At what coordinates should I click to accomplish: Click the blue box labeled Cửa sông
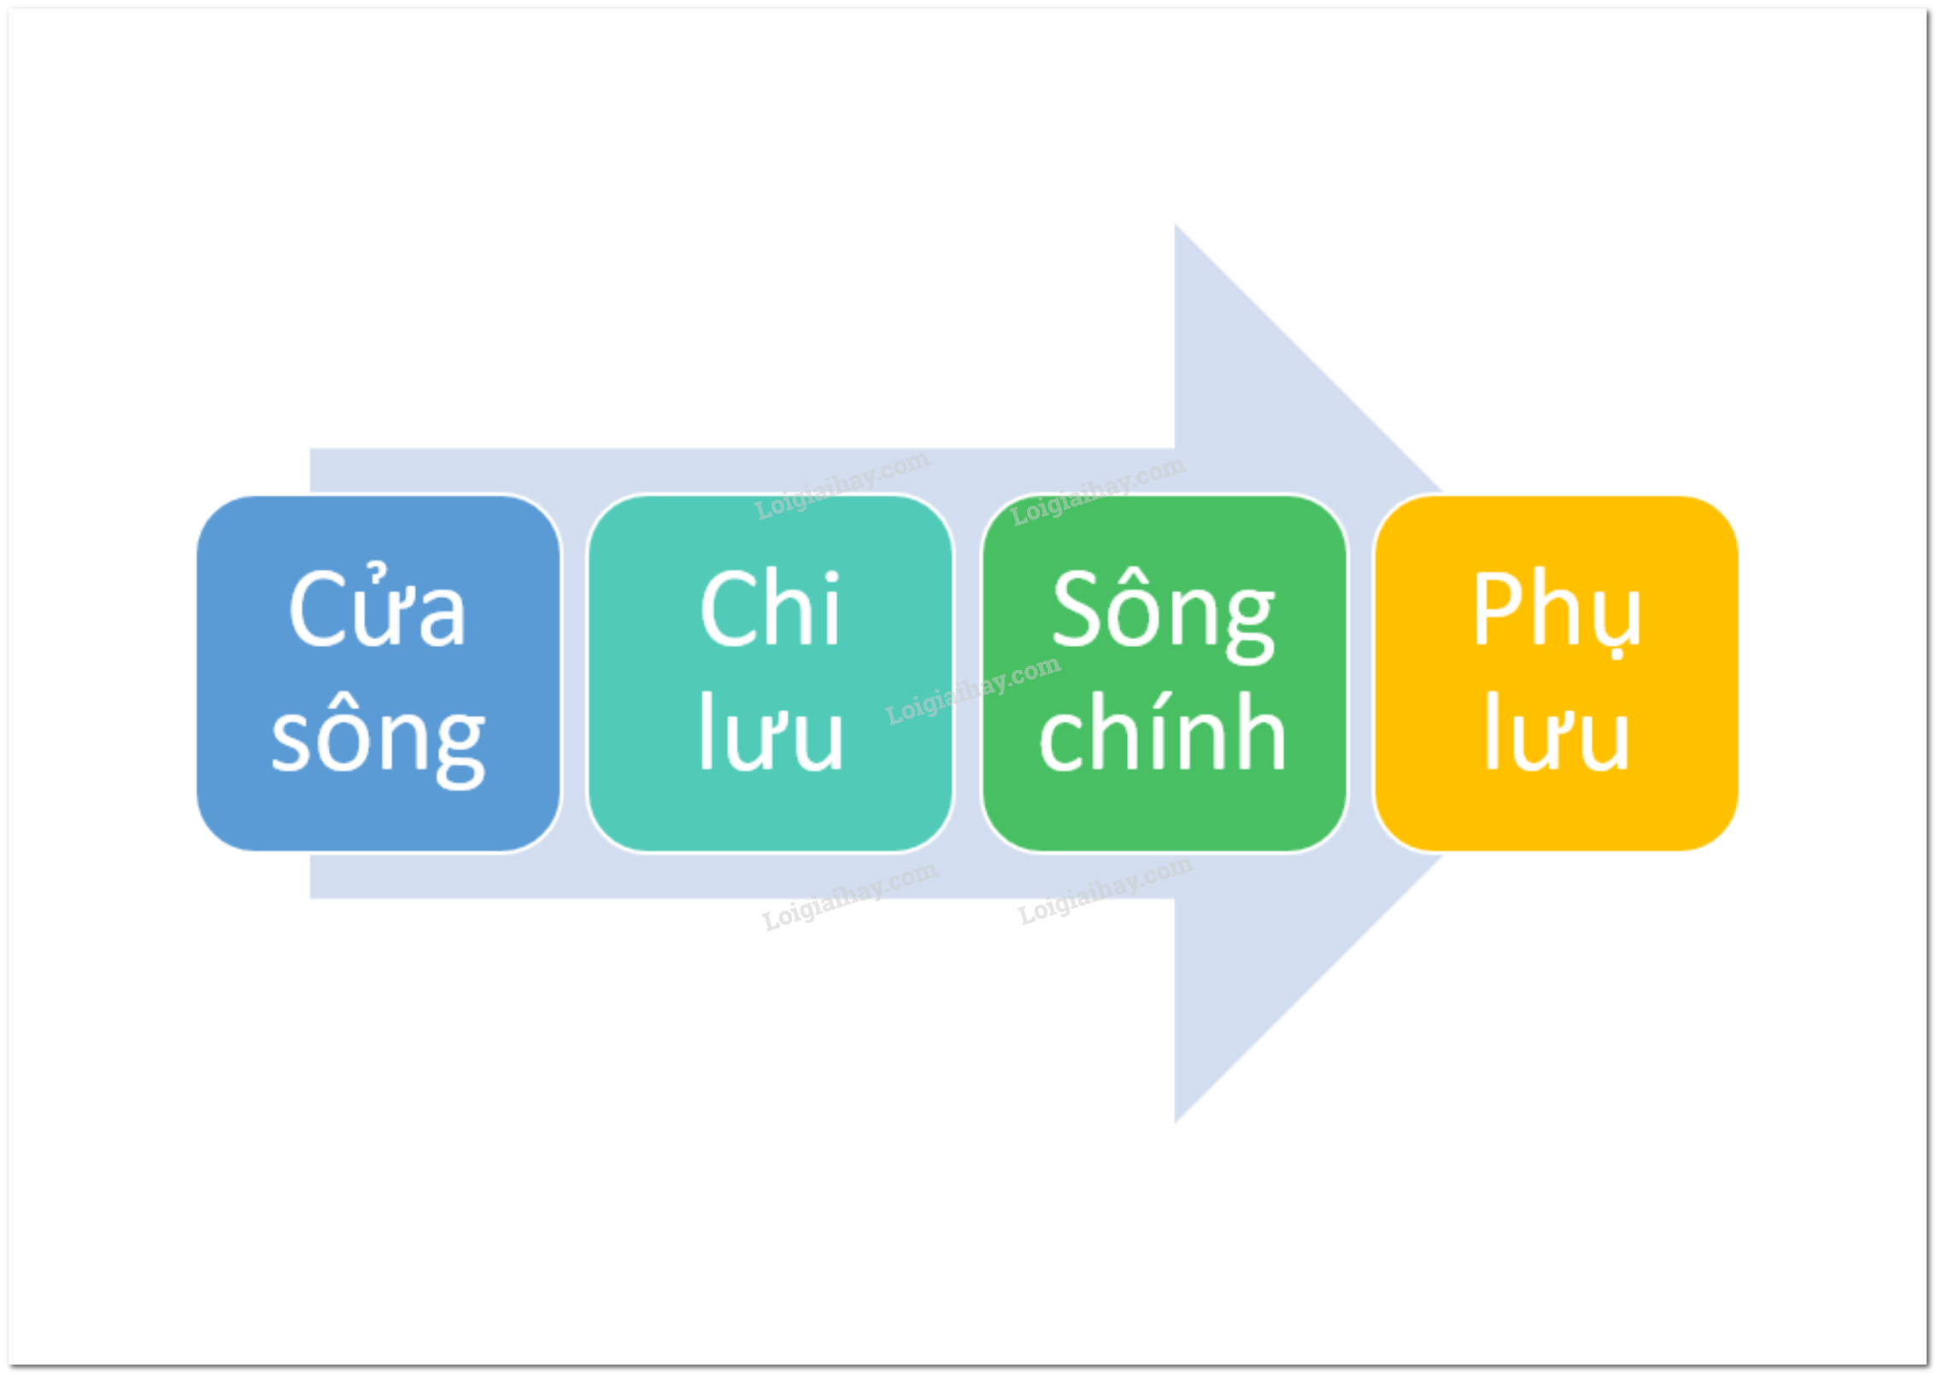coord(378,673)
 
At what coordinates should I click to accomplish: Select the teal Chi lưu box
coord(771,673)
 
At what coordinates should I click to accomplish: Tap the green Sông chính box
coord(1164,673)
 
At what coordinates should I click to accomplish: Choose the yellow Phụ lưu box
coord(1556,673)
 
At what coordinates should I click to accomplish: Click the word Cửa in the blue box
coord(378,606)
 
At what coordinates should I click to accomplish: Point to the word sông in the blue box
coord(378,742)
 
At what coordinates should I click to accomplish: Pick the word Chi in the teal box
coord(771,608)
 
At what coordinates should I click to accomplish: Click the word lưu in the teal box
coord(771,731)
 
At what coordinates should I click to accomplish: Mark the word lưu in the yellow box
coord(1557,731)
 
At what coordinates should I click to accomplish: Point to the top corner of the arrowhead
coord(1175,225)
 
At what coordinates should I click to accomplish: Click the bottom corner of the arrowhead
coord(1175,1123)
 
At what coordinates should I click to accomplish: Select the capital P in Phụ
coord(1498,608)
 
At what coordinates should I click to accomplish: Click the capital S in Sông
coord(1077,608)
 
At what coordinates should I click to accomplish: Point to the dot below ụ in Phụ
coord(1616,655)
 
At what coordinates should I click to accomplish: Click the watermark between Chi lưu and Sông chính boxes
coord(973,690)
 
